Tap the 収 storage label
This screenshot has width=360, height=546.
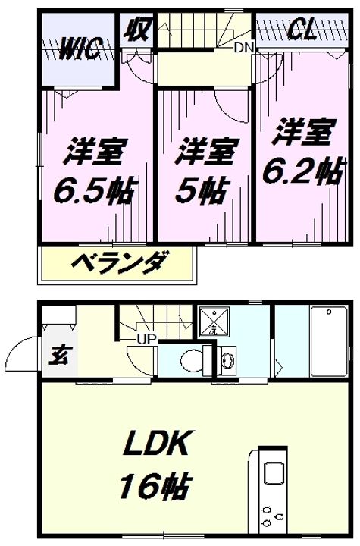(x=136, y=33)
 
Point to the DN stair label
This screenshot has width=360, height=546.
(x=243, y=48)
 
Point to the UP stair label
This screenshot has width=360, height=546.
(x=147, y=338)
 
